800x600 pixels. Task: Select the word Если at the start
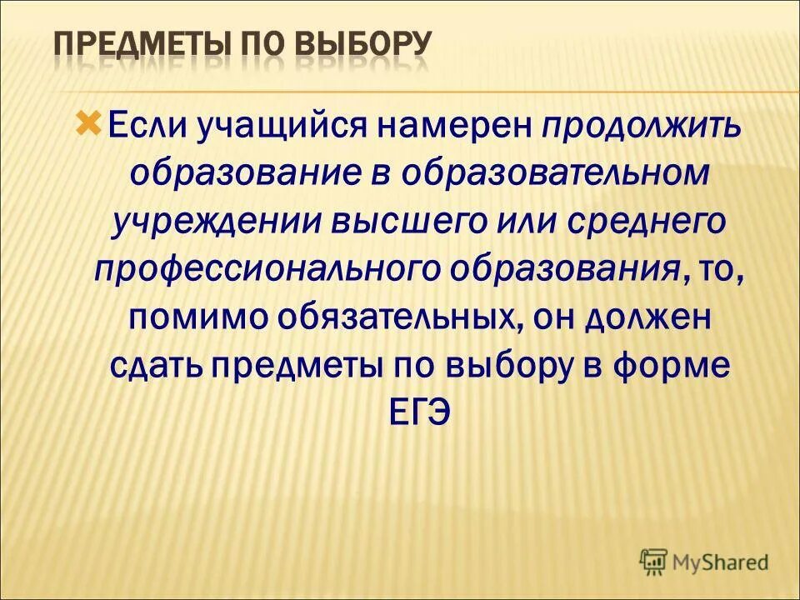pos(146,127)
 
